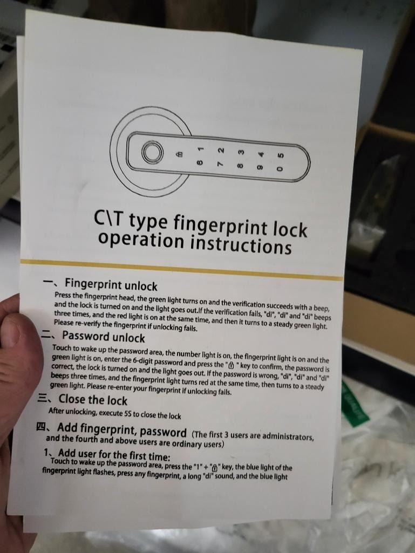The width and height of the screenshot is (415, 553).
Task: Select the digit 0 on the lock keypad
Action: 280,169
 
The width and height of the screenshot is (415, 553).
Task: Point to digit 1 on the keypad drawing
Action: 201,149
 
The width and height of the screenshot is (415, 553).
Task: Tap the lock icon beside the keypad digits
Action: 180,154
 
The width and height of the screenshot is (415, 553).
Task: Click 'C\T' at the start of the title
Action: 108,219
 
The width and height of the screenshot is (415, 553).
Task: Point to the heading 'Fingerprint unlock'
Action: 111,284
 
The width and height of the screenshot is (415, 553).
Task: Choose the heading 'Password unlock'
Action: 104,337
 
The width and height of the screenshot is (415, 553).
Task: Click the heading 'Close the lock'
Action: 93,400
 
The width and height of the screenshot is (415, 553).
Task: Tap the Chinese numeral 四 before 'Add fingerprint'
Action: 42,427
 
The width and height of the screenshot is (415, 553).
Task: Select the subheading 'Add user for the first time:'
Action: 114,454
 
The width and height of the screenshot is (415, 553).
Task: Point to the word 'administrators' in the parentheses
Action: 287,436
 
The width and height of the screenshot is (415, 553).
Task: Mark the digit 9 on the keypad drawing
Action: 260,167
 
